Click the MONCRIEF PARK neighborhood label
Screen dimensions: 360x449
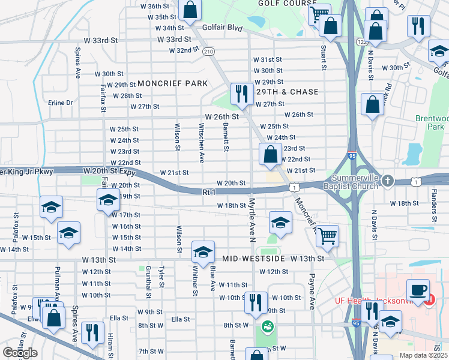pyautogui.click(x=172, y=83)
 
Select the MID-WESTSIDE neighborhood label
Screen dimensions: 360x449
pyautogui.click(x=252, y=259)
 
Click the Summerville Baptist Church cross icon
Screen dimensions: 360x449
pyautogui.click(x=388, y=181)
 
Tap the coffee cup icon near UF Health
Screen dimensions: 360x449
pyautogui.click(x=418, y=290)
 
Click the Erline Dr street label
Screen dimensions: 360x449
pyautogui.click(x=60, y=103)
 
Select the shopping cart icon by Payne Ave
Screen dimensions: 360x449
pyautogui.click(x=327, y=235)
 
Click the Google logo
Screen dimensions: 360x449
pyautogui.click(x=20, y=353)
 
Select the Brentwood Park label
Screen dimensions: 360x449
pyautogui.click(x=432, y=122)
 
